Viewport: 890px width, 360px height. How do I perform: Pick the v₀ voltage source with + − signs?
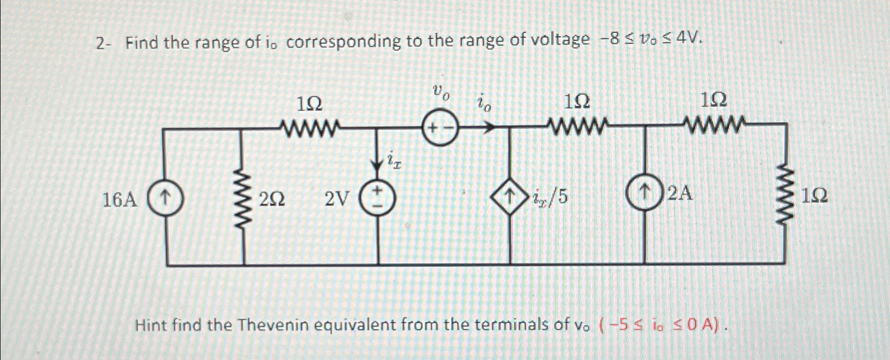[439, 128]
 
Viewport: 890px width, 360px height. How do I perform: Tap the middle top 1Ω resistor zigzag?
[578, 127]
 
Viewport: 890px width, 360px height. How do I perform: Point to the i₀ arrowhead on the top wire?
[489, 127]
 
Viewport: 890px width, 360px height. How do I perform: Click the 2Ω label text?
[272, 200]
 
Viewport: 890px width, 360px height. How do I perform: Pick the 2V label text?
[337, 199]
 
